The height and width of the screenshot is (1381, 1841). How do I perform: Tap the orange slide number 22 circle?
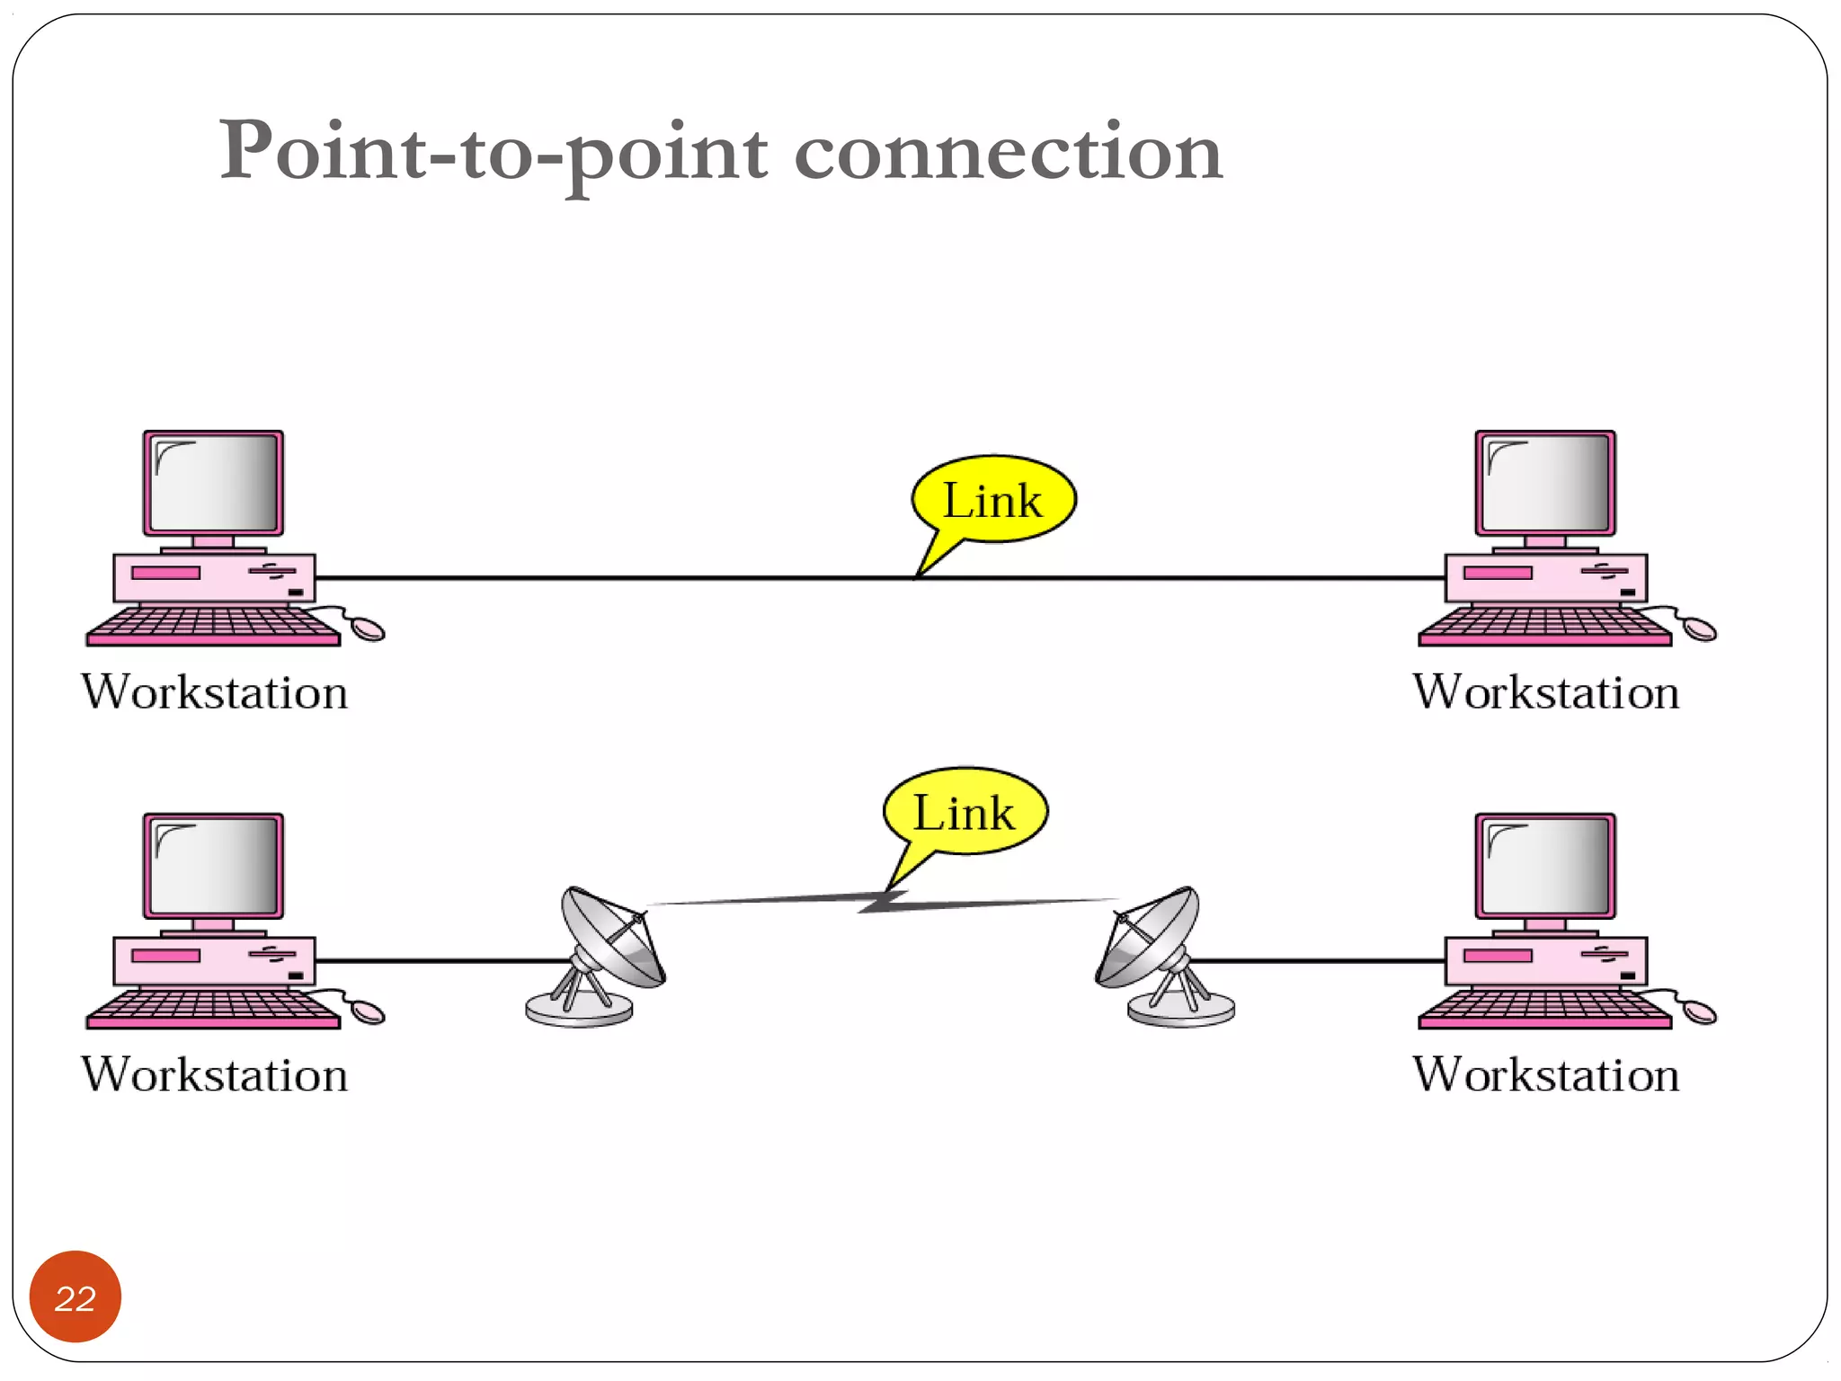76,1296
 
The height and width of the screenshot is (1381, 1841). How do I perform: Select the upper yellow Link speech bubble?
993,499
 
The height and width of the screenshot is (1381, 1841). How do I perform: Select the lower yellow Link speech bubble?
965,812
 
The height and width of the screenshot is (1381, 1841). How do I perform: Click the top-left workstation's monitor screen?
214,484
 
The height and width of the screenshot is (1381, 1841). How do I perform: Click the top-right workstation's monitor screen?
1545,484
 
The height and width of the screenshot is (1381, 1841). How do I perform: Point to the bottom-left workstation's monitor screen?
214,867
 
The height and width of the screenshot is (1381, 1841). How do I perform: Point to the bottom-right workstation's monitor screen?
1545,867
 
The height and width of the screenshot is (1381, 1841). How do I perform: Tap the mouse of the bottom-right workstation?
1699,1011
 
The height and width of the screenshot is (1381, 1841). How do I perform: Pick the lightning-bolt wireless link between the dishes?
885,901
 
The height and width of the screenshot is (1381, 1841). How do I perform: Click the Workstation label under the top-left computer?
214,692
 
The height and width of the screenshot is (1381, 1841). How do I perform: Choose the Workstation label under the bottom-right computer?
1545,1075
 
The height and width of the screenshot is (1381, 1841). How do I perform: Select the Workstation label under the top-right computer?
1545,692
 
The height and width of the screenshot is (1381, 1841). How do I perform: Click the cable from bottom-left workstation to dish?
440,961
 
